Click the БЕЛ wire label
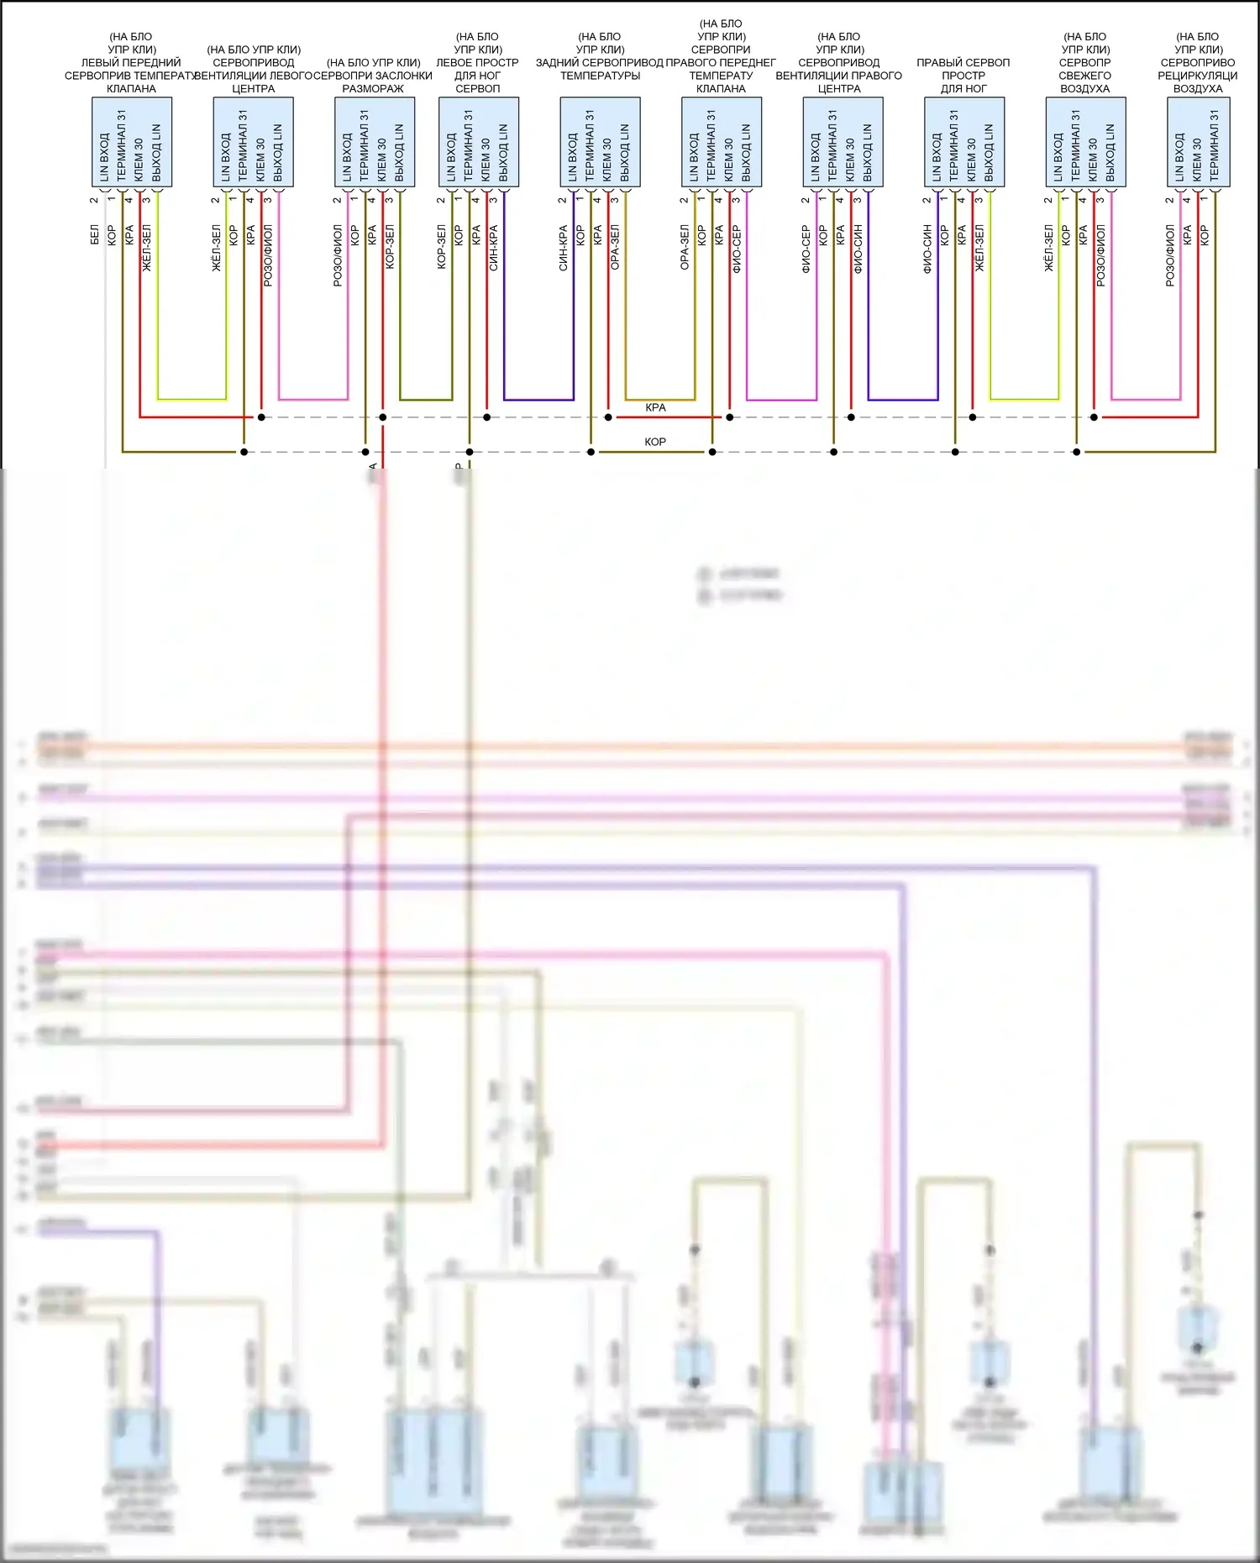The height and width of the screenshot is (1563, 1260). point(95,236)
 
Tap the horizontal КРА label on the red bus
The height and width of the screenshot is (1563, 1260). point(655,407)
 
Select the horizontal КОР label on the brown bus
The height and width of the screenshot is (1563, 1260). point(655,442)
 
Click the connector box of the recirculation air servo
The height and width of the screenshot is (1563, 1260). point(1198,142)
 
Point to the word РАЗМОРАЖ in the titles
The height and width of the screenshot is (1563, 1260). point(373,88)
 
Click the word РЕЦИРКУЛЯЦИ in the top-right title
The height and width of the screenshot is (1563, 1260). point(1197,76)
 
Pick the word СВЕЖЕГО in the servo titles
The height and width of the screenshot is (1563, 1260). point(1084,76)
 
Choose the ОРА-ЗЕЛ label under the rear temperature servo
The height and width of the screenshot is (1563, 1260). point(615,247)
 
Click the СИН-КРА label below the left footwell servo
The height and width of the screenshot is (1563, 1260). point(494,247)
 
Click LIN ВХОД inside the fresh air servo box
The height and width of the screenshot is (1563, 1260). point(1058,156)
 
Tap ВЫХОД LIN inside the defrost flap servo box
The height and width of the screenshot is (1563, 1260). point(399,153)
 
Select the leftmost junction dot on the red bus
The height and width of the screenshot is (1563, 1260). point(261,417)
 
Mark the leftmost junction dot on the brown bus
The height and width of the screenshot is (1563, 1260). point(244,452)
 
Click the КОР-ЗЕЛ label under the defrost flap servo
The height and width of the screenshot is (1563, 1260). point(390,247)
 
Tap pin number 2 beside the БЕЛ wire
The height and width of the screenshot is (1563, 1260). point(94,200)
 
